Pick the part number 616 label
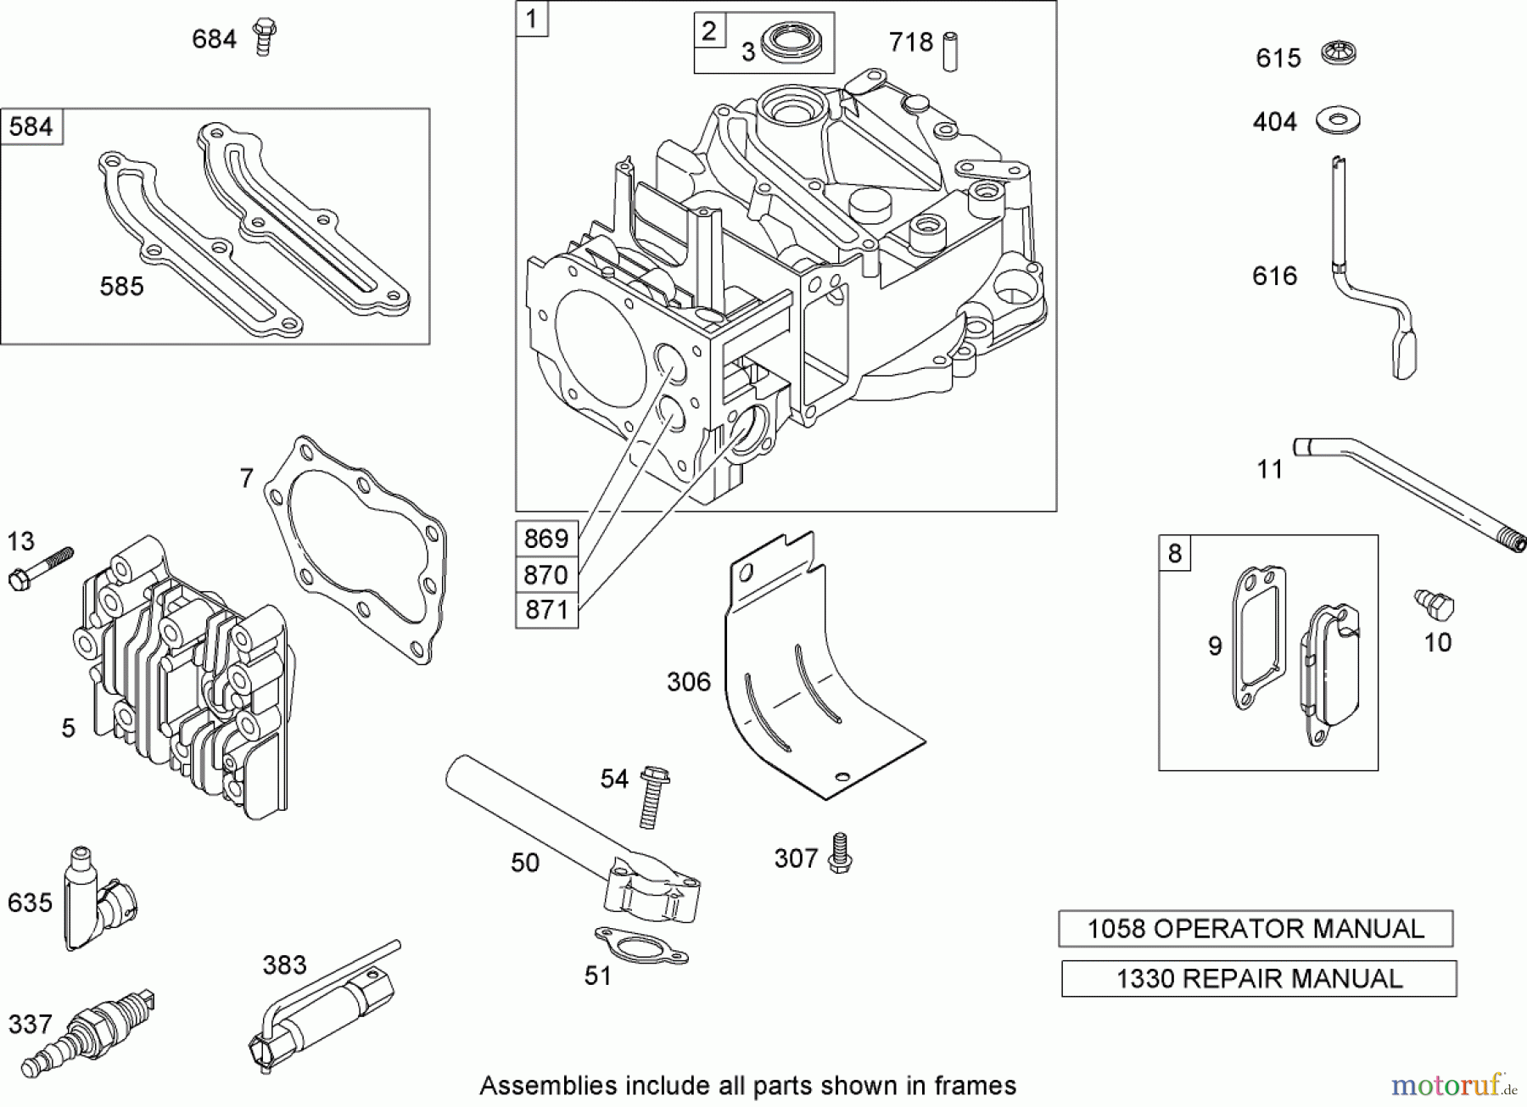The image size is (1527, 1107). [1274, 276]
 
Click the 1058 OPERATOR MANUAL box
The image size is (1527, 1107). [1255, 929]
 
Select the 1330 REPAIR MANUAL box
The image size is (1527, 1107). [1258, 979]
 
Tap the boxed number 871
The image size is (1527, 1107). [546, 611]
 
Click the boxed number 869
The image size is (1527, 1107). [546, 539]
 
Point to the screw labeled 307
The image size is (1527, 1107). [840, 853]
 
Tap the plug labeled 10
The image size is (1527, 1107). [1435, 605]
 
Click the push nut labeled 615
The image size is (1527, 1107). [1340, 55]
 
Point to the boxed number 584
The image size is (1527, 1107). [31, 127]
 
